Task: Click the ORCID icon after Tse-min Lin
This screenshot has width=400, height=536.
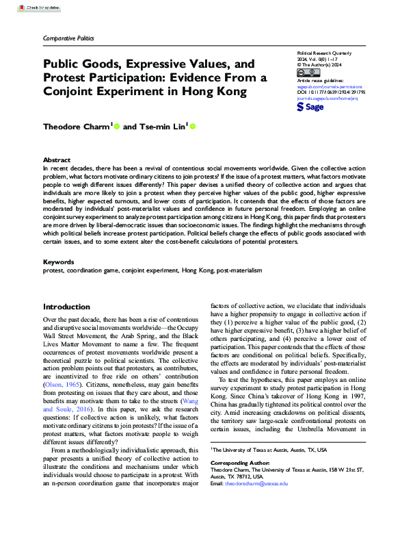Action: [193, 126]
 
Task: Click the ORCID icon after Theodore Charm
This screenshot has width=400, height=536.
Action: [117, 126]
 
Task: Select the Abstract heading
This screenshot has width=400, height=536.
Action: [57, 159]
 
